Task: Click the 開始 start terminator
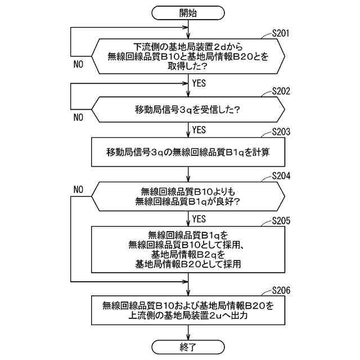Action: pyautogui.click(x=188, y=13)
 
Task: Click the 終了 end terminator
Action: pyautogui.click(x=188, y=345)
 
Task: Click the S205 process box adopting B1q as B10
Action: pyautogui.click(x=188, y=249)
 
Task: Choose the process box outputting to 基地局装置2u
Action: pyautogui.click(x=188, y=311)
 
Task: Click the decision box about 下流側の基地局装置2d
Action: pyautogui.click(x=188, y=55)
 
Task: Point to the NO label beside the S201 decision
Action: pyautogui.click(x=78, y=64)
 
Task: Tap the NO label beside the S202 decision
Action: pyautogui.click(x=78, y=118)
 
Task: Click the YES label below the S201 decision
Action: pyautogui.click(x=199, y=83)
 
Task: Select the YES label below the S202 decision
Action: pyautogui.click(x=199, y=130)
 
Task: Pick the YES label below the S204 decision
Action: pyautogui.click(x=199, y=218)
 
